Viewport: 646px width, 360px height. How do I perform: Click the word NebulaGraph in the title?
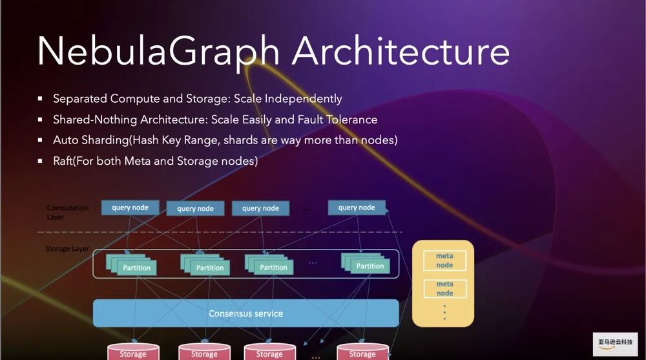159,52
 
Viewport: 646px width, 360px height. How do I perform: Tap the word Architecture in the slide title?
401,52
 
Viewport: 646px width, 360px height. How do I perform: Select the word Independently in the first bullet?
303,99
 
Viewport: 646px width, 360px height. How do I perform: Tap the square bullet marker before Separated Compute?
40,99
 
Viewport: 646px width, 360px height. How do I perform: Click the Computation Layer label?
67,212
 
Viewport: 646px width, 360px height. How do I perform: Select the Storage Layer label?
67,248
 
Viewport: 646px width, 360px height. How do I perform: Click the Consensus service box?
245,313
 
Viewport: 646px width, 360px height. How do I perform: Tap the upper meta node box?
444,260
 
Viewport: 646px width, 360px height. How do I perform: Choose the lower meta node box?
444,288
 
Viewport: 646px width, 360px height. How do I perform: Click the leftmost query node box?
130,207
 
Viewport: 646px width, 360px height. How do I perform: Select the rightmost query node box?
357,207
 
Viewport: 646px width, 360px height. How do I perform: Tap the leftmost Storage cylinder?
132,353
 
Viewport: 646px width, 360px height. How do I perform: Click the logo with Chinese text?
615,343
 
